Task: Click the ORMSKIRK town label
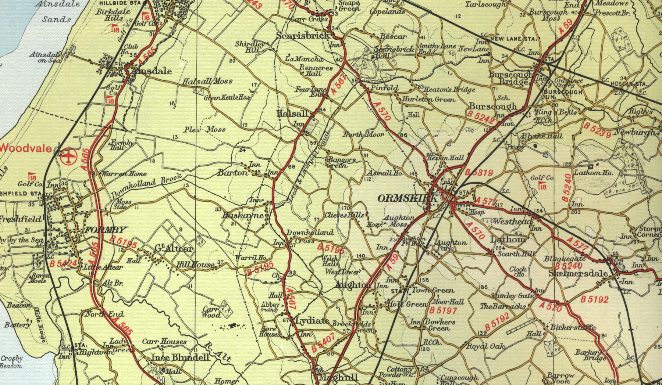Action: tap(407, 199)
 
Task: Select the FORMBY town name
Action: tap(106, 230)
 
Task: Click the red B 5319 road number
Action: tap(478, 173)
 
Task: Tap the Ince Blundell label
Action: tap(181, 357)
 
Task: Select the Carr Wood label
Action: tap(211, 312)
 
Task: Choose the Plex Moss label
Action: tap(204, 129)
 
